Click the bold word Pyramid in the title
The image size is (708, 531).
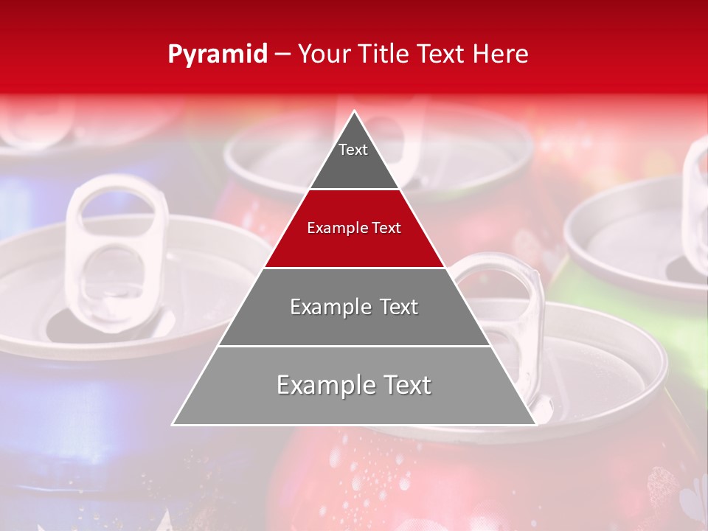coord(218,55)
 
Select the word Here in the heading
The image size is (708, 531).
coord(501,55)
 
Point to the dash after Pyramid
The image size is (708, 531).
coord(282,55)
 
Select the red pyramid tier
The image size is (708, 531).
coord(354,243)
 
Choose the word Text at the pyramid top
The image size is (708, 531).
coord(353,150)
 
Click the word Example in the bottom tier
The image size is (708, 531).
coord(323,385)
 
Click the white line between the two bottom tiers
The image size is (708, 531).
coord(354,346)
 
